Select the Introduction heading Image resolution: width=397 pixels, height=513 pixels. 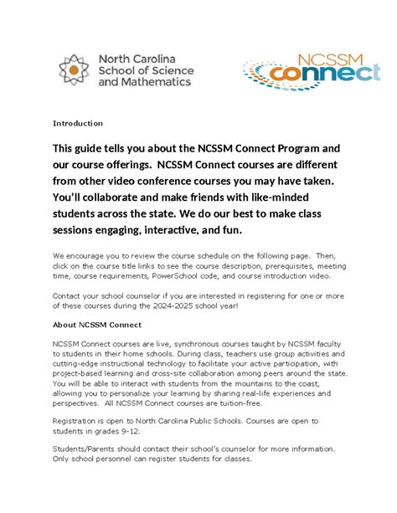click(x=78, y=123)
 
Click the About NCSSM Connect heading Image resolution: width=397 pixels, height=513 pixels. click(x=97, y=324)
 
